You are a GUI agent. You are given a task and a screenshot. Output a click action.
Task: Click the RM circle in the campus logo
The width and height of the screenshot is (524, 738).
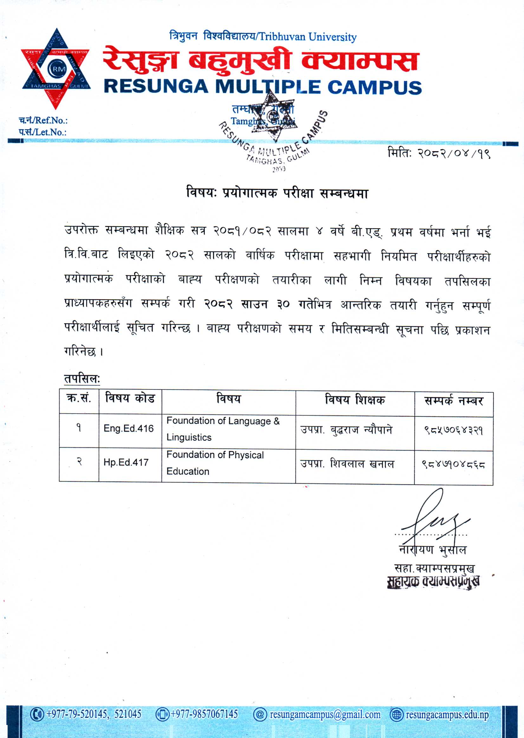(57, 69)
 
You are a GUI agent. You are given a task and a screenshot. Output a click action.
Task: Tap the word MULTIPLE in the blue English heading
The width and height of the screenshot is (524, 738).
(268, 87)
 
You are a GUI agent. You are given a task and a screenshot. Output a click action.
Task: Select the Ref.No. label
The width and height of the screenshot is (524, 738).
(43, 120)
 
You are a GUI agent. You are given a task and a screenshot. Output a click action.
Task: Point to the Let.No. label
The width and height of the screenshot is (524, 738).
(42, 132)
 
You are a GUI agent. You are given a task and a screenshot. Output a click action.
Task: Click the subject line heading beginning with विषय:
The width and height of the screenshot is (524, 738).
(277, 193)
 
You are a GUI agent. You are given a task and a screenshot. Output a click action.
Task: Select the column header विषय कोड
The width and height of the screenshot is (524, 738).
(130, 399)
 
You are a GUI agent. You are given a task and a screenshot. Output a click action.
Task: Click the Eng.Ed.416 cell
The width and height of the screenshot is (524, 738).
(128, 428)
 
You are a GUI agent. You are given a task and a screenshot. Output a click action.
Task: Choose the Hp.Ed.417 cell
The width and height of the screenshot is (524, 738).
(126, 462)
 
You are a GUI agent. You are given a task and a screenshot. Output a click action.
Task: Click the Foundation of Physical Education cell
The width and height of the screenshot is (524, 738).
(215, 463)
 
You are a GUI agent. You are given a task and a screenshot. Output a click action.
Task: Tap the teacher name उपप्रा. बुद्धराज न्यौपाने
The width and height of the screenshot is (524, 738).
(346, 430)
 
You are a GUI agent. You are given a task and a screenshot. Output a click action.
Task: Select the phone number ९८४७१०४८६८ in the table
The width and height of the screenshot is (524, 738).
(453, 465)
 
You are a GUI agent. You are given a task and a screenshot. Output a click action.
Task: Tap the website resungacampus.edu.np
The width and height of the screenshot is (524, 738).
(447, 715)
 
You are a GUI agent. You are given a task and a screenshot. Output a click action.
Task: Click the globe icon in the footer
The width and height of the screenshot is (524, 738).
(397, 715)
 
